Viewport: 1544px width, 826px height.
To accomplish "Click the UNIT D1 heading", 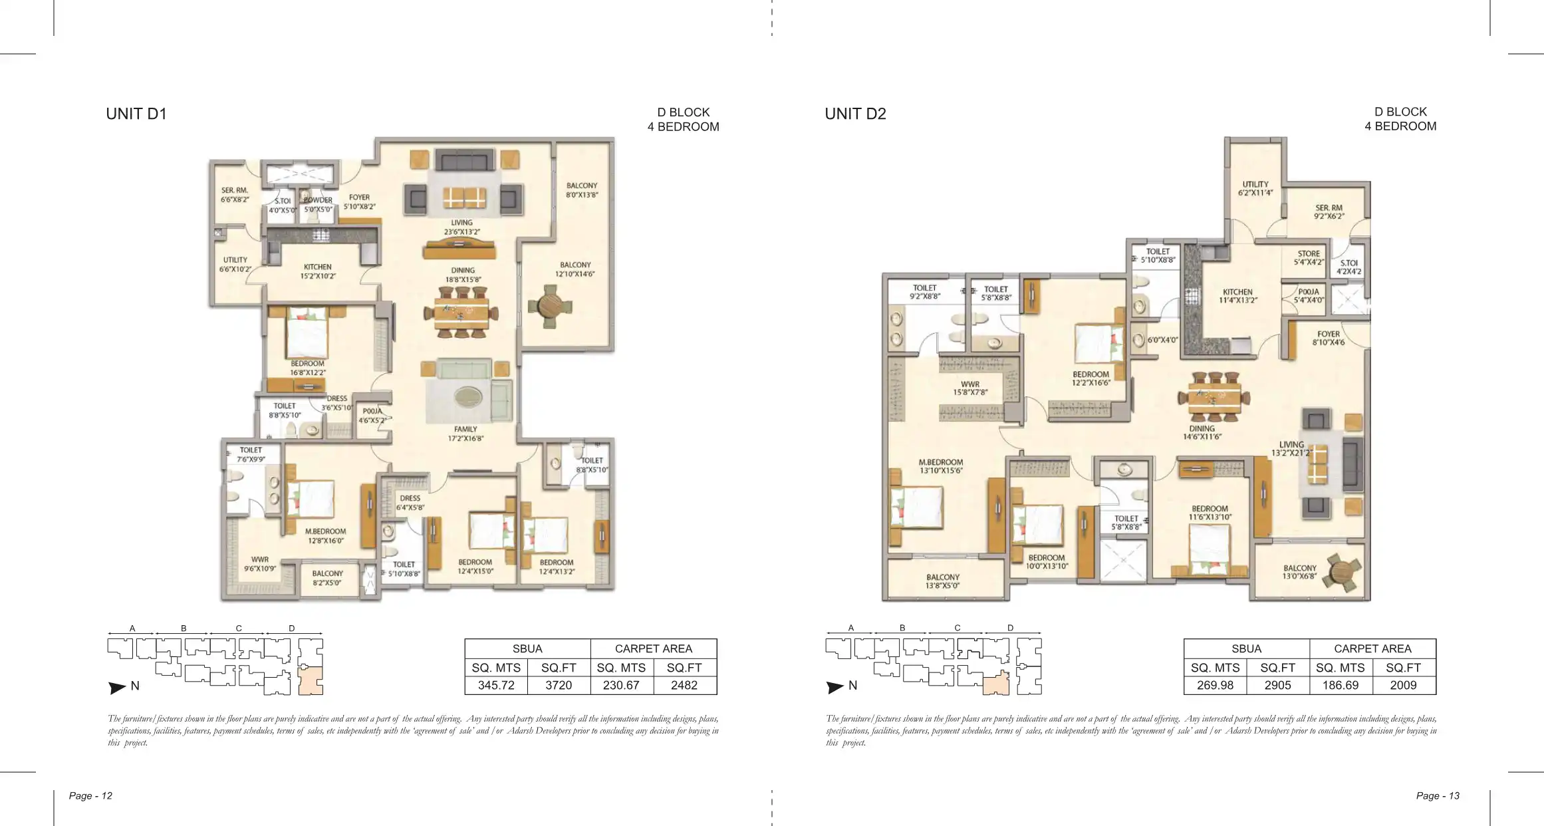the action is point(136,114).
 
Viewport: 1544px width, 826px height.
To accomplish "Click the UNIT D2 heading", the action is point(855,114).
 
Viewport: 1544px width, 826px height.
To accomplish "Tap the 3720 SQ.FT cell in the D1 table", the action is point(559,686).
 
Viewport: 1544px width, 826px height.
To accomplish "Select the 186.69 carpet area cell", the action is point(1341,686).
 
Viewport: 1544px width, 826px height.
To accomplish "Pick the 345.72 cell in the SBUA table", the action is point(496,686).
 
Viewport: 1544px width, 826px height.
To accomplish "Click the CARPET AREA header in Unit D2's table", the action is point(1372,648).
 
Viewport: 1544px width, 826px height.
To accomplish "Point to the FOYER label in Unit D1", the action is point(359,198).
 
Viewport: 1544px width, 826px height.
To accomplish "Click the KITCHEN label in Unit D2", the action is point(1237,292).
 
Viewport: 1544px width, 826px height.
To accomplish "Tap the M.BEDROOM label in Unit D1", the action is point(326,531).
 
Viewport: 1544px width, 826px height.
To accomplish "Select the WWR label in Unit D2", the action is point(970,384).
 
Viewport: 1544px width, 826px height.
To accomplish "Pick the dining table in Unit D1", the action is point(463,312).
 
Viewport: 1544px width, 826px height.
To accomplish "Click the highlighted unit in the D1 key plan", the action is point(311,681).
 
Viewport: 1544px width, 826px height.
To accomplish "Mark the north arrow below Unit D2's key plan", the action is point(835,688).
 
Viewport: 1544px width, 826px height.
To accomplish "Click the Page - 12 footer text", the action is point(90,795).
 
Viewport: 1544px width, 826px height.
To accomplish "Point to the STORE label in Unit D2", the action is point(1309,254).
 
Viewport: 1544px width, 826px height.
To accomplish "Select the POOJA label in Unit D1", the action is point(372,411).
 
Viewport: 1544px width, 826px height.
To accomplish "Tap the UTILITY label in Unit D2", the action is point(1255,184).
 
